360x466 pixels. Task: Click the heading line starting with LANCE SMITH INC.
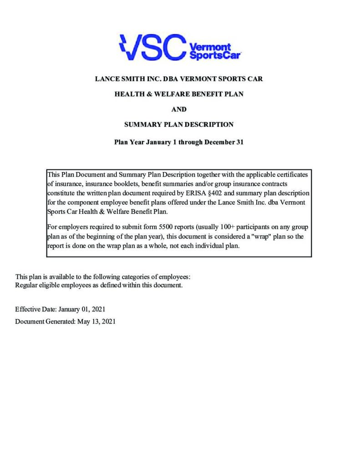pyautogui.click(x=179, y=79)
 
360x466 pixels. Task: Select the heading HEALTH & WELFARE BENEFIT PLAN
pyautogui.click(x=179, y=94)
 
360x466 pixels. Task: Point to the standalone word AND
pyautogui.click(x=179, y=109)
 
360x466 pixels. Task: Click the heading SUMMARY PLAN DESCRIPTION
pyautogui.click(x=179, y=124)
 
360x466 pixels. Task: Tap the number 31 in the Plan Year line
pyautogui.click(x=239, y=142)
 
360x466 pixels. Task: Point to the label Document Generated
pyautogui.click(x=44, y=321)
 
